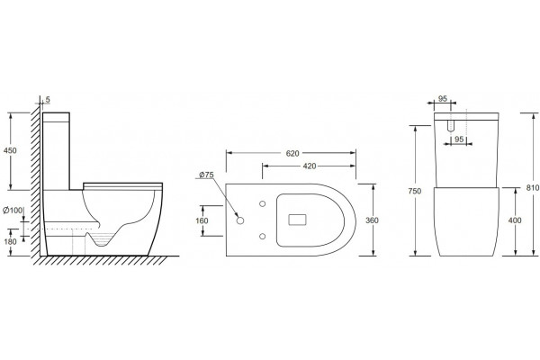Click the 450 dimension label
click(x=10, y=150)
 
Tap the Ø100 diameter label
click(x=13, y=210)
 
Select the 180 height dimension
click(x=10, y=241)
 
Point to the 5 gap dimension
click(x=48, y=100)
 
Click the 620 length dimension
click(x=292, y=153)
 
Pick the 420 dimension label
click(x=310, y=166)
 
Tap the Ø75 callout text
click(x=206, y=175)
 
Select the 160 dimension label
click(x=202, y=220)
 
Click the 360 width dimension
click(x=372, y=220)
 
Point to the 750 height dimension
click(x=415, y=191)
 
